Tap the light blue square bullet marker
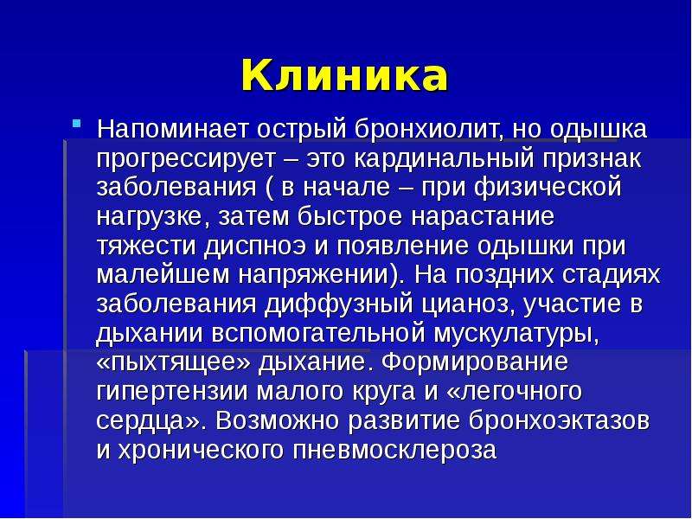tap(77, 123)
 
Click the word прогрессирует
tap(185, 160)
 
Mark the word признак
tap(593, 160)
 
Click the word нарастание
tap(483, 217)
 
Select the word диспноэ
tap(255, 247)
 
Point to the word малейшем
tap(163, 274)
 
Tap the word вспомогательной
tap(318, 333)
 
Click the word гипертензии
tap(171, 392)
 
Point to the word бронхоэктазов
tap(559, 420)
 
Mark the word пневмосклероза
tap(394, 450)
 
